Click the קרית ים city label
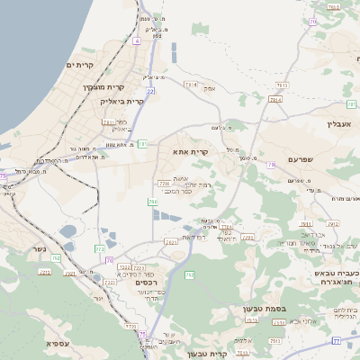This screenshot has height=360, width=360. pyautogui.click(x=80, y=65)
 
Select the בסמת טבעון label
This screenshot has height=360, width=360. pyautogui.click(x=264, y=309)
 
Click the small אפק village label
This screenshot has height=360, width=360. pyautogui.click(x=210, y=88)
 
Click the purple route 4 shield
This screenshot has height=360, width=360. pyautogui.click(x=136, y=40)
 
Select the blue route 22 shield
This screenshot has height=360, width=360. pyautogui.click(x=151, y=91)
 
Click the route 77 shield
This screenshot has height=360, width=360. pyautogui.click(x=337, y=341)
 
